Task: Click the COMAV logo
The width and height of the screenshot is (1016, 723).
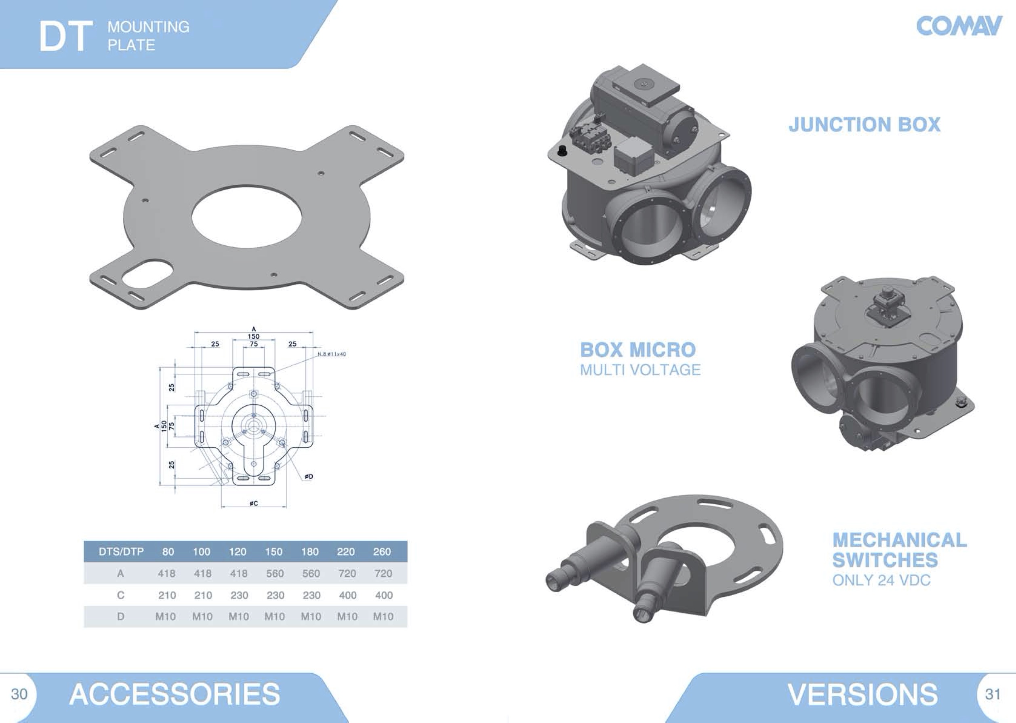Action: coord(959,26)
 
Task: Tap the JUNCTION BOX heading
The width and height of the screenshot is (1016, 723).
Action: coord(865,124)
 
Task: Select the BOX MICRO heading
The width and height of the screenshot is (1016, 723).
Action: coord(638,350)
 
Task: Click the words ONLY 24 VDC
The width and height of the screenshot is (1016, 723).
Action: coord(881,580)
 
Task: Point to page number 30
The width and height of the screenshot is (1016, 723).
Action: coord(19,693)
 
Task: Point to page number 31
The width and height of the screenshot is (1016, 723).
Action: coord(993,693)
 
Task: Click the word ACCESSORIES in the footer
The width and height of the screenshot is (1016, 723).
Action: coord(175,694)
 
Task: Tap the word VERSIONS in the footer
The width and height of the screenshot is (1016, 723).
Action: coord(863,694)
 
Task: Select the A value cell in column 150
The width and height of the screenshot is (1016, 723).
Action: coord(275,573)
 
